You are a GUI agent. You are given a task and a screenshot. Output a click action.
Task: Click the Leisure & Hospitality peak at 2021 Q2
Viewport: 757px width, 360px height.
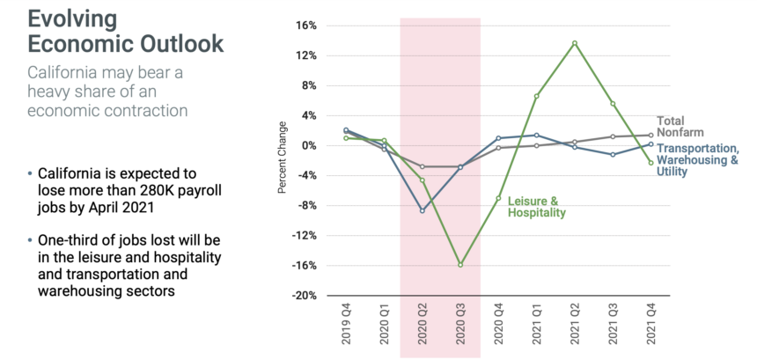click(574, 43)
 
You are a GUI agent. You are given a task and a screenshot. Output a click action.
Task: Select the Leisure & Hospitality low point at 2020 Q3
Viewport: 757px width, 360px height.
click(459, 264)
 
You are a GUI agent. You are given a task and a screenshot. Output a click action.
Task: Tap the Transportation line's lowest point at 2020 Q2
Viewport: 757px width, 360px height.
click(422, 211)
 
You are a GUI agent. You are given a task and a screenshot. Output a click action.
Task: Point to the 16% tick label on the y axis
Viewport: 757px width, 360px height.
click(305, 26)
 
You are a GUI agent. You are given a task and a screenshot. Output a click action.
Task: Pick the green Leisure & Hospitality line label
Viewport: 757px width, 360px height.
click(536, 207)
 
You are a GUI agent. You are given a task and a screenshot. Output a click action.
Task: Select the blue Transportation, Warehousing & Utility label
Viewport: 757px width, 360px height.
click(697, 160)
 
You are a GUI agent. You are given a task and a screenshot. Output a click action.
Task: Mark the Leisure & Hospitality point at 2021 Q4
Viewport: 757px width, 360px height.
click(650, 163)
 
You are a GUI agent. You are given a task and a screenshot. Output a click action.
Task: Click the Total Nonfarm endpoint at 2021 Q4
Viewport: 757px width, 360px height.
click(650, 135)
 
